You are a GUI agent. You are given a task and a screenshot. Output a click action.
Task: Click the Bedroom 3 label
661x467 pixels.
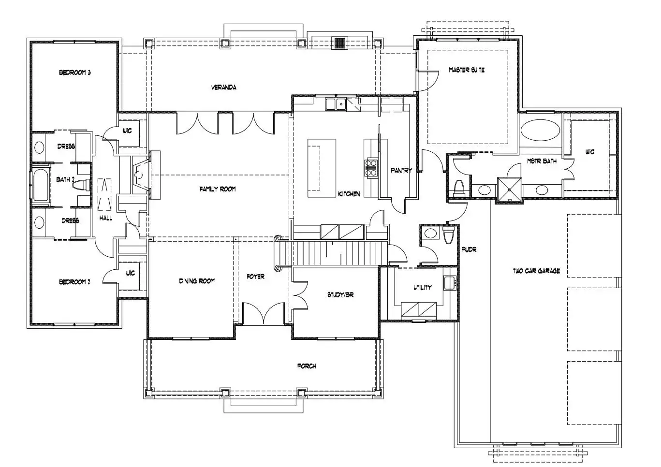point(74,73)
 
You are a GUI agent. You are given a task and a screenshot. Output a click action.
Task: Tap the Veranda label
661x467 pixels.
point(224,88)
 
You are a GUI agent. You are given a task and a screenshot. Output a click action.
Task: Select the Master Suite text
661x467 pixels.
point(467,70)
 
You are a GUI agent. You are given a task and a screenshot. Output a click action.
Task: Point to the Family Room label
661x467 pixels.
point(218,189)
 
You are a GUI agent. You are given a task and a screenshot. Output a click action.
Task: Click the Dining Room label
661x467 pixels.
point(197,281)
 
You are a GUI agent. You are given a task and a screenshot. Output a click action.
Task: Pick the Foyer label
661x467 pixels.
point(255,277)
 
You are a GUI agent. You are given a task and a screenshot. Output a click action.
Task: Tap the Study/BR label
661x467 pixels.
point(340,295)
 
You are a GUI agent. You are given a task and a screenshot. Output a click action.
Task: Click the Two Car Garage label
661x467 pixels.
point(536,271)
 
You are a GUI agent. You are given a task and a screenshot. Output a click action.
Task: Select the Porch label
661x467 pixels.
point(307,366)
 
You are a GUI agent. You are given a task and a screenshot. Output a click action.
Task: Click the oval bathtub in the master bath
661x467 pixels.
point(540,130)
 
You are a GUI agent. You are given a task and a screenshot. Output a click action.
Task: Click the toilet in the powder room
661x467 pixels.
point(448,235)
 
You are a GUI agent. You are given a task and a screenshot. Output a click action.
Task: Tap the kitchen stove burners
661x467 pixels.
point(371,168)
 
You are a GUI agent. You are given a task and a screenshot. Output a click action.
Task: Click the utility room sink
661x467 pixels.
point(450,283)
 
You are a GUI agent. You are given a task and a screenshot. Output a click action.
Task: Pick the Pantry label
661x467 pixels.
point(401,170)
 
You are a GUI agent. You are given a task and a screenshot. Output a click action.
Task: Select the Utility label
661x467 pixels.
point(422,287)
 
